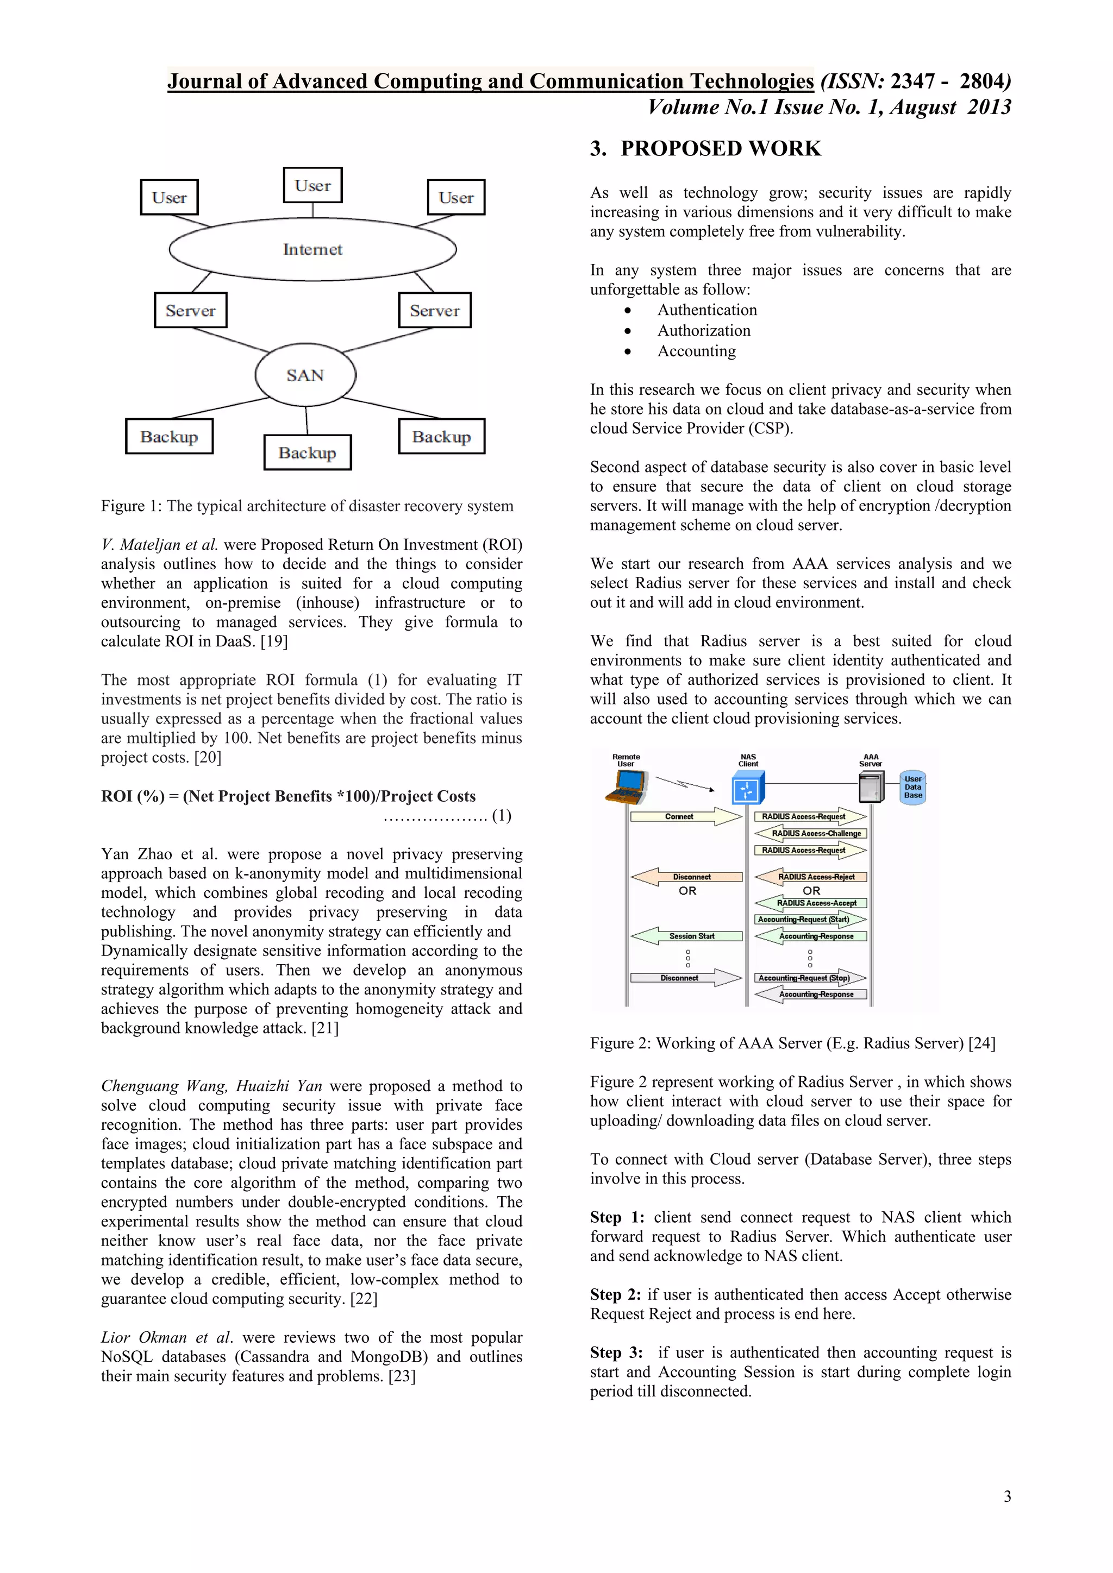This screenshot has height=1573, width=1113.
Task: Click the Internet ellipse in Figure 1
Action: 312,249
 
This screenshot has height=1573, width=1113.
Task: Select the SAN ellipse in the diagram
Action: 305,375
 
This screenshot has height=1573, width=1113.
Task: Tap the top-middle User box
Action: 312,185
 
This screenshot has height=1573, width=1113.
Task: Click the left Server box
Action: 191,310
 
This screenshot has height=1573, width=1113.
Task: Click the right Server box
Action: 435,310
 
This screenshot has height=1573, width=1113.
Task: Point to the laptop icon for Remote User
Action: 627,786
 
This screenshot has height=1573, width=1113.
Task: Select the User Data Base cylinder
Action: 912,786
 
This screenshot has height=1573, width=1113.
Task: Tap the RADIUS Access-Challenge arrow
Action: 811,833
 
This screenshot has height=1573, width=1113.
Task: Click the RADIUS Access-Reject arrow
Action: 811,876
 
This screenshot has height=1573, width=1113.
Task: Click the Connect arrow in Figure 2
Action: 686,816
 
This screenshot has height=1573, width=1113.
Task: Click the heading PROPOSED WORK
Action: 720,149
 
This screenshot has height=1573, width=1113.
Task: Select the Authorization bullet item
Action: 704,331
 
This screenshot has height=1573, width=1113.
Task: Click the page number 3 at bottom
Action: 1007,1496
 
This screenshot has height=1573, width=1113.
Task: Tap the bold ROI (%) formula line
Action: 288,796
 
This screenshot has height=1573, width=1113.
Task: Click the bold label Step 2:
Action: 615,1294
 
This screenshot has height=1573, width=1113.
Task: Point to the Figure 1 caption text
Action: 307,506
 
